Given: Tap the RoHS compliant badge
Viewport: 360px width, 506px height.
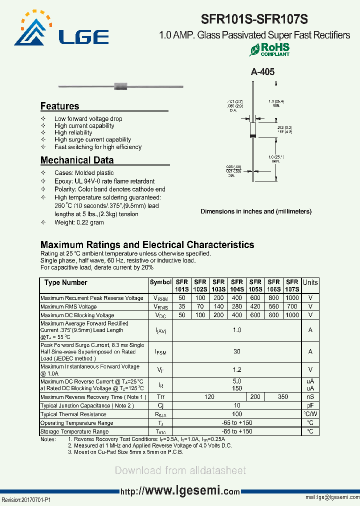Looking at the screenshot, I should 269,49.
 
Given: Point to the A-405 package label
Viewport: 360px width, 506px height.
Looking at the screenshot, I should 262,72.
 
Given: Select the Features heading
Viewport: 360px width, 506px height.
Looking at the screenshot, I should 59,106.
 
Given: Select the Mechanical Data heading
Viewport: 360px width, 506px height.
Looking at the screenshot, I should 76,160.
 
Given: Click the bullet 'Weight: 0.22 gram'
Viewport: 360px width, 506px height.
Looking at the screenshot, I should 79,222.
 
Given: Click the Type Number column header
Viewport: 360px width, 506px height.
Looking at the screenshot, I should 65,282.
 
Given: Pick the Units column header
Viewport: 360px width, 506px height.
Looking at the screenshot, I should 310,282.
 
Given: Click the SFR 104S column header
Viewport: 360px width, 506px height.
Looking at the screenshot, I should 237,285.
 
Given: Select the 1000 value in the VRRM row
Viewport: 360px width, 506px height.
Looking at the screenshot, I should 292,298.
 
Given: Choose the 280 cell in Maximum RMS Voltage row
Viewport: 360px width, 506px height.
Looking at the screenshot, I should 237,306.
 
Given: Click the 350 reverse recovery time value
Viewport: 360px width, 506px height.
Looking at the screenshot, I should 283,396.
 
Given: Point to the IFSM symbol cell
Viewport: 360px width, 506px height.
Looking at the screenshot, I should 160,352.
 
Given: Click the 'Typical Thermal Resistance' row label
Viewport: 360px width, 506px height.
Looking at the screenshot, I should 73,414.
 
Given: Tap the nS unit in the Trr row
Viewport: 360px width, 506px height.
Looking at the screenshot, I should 310,396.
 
